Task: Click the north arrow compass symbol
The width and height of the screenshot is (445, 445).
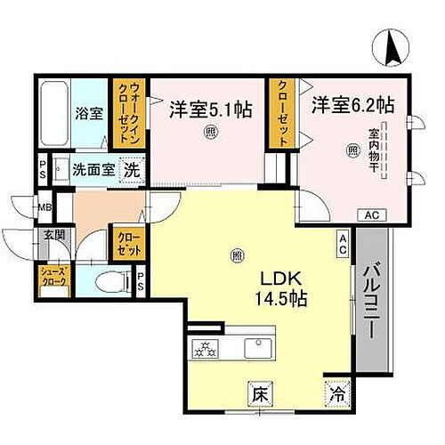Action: pyautogui.click(x=392, y=46)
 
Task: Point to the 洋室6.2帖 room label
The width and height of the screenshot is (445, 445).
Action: pyautogui.click(x=352, y=104)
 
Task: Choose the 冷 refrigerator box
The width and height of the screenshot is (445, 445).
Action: pyautogui.click(x=336, y=392)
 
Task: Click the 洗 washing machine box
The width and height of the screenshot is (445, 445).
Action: pyautogui.click(x=131, y=170)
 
